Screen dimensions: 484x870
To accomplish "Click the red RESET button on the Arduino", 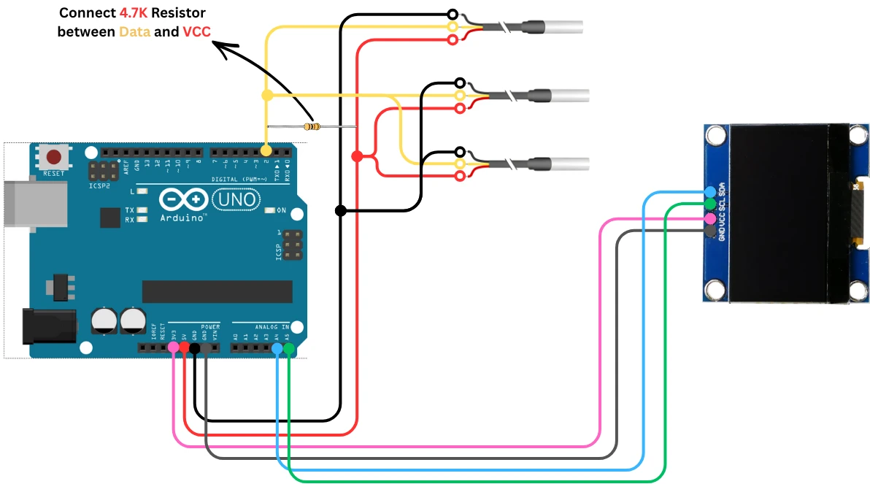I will [x=53, y=156].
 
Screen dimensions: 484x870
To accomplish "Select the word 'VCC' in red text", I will [x=197, y=32].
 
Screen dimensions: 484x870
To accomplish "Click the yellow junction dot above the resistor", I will [x=267, y=95].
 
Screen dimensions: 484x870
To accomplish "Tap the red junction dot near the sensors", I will [x=357, y=156].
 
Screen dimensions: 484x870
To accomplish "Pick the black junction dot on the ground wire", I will [x=341, y=211].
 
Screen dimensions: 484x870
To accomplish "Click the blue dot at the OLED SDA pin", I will [x=709, y=192].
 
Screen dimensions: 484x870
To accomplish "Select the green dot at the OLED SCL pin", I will [x=709, y=204].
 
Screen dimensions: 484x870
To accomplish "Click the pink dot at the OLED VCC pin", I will [x=709, y=218].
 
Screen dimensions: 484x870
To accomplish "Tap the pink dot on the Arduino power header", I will [x=173, y=348].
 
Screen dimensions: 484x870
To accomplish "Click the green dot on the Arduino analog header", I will [x=289, y=350].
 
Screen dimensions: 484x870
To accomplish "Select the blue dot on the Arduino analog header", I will [x=277, y=350].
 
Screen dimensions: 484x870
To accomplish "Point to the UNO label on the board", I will [x=234, y=199].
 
